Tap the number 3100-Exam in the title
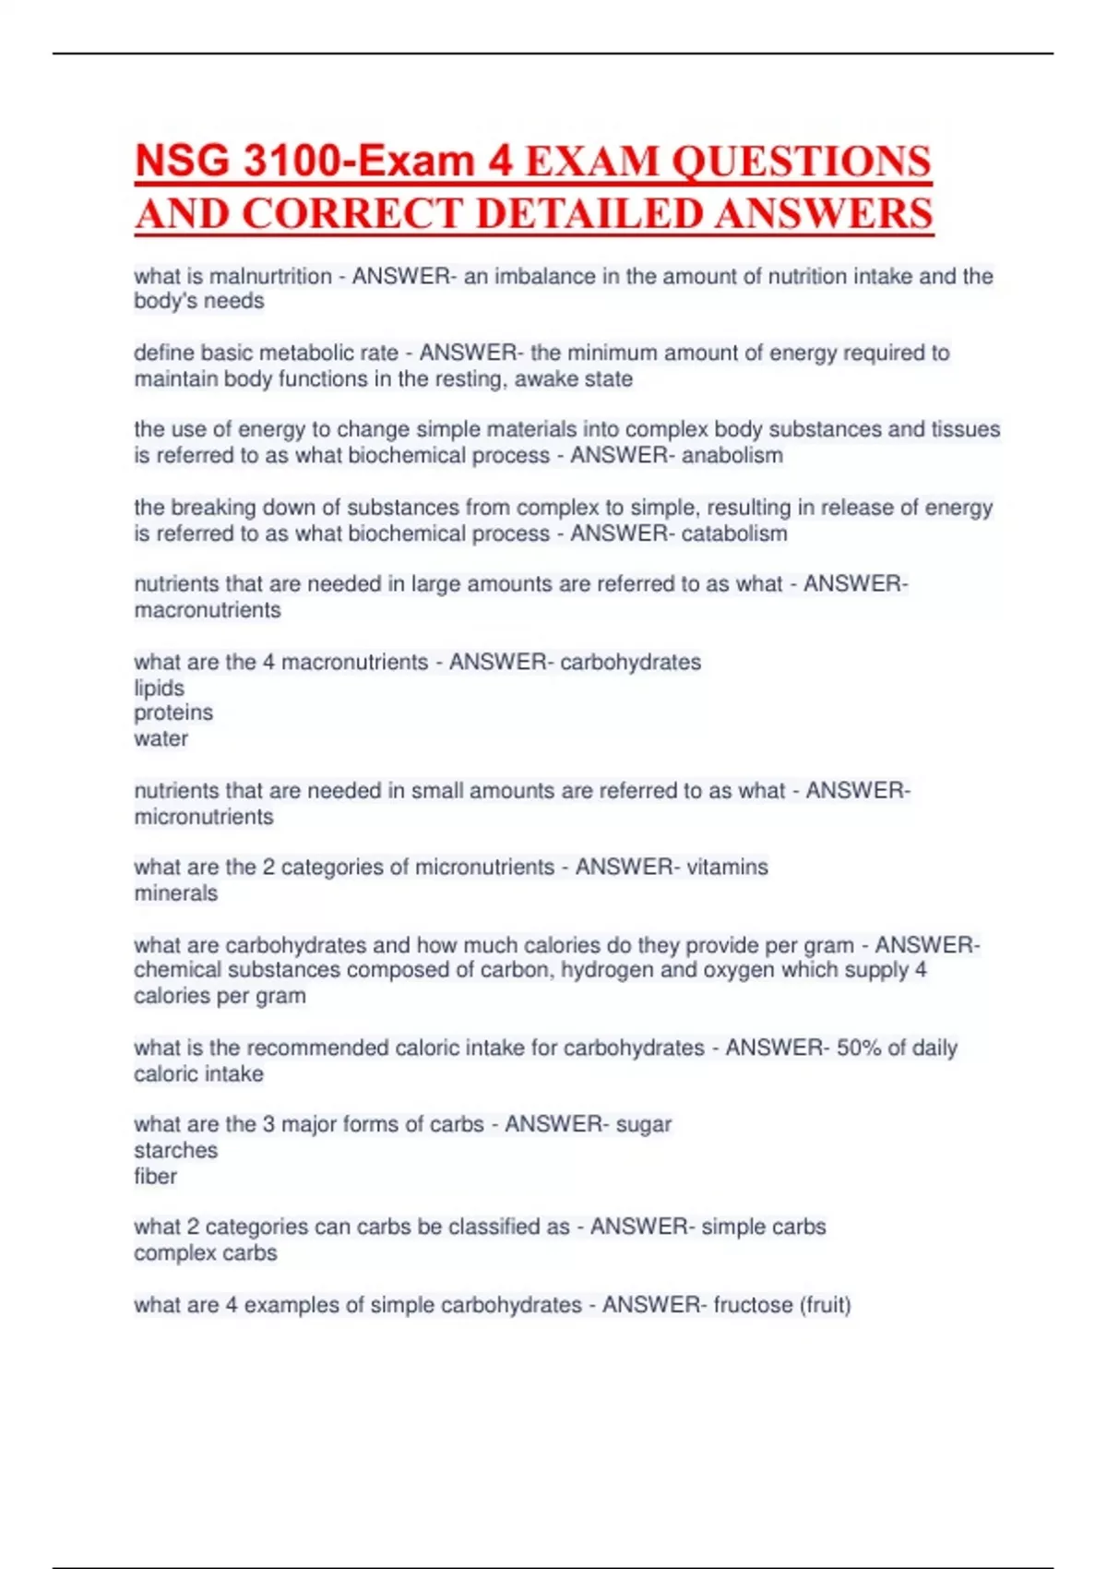[351, 162]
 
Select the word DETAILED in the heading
[591, 214]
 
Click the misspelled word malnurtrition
[270, 276]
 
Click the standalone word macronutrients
[208, 610]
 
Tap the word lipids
[159, 688]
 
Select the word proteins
[173, 713]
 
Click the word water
[161, 738]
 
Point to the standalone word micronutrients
[204, 817]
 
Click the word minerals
[176, 893]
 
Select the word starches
[175, 1150]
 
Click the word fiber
[155, 1176]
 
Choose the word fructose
[753, 1305]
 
